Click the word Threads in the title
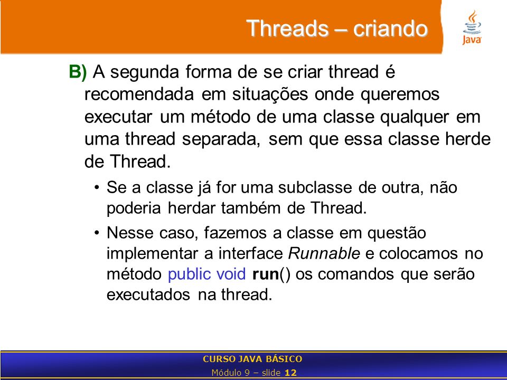287,28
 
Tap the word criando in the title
390,28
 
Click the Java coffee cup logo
472,27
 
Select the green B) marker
78,72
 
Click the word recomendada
139,94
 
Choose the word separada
221,139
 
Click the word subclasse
315,187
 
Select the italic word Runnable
324,253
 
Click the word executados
148,295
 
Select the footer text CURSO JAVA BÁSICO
252,359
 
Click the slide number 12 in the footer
290,373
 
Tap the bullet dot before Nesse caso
97,233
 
